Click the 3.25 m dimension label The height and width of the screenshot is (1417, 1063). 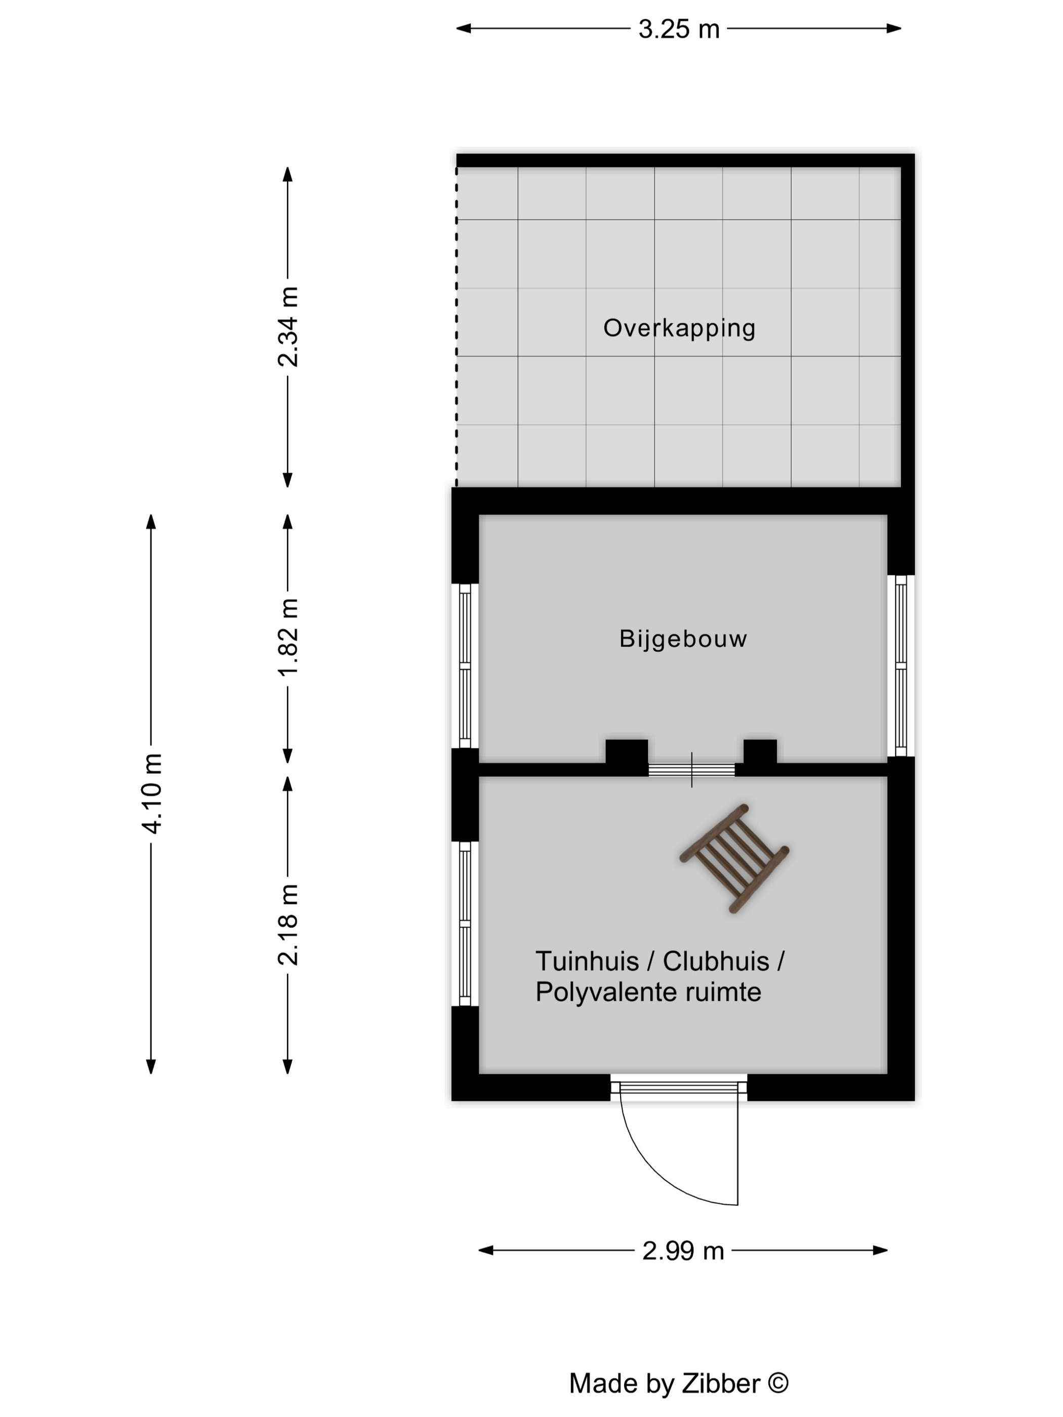pyautogui.click(x=679, y=29)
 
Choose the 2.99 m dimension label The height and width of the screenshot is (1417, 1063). pyautogui.click(x=683, y=1251)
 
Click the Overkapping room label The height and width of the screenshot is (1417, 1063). pyautogui.click(x=679, y=328)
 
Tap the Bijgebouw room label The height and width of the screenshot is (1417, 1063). pyautogui.click(x=683, y=639)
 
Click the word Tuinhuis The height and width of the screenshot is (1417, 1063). pyautogui.click(x=587, y=961)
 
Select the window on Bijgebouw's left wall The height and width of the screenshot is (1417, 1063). pyautogui.click(x=465, y=665)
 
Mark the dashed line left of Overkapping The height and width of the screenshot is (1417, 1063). pyautogui.click(x=456, y=327)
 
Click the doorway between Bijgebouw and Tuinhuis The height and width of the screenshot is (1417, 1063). pyautogui.click(x=691, y=769)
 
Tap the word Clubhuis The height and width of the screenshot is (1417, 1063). pyautogui.click(x=716, y=961)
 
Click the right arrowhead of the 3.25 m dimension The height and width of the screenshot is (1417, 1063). pyautogui.click(x=894, y=28)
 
